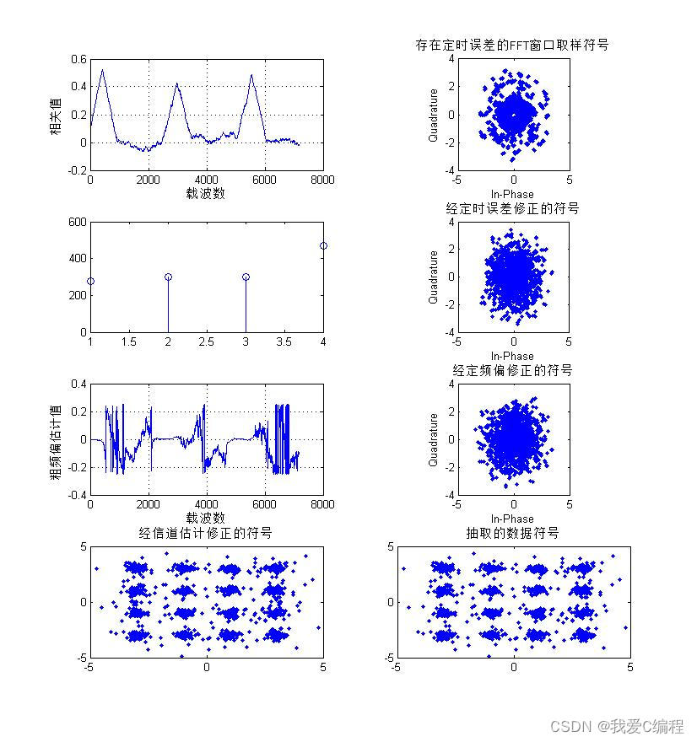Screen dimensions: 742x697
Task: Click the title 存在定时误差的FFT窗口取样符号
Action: (512, 45)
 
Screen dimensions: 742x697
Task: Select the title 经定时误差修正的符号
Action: (512, 207)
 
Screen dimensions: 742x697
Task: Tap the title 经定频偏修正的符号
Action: (512, 370)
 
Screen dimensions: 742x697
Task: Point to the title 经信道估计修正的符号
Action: (206, 533)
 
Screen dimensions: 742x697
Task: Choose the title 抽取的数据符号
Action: (512, 533)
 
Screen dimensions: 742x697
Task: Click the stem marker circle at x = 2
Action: (168, 277)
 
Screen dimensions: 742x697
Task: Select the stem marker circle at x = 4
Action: (323, 245)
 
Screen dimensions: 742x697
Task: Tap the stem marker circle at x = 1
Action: (90, 281)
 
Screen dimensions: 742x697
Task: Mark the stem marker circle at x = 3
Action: (246, 277)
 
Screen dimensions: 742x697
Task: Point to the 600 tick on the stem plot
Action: (77, 222)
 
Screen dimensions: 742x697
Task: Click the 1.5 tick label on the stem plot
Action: (129, 341)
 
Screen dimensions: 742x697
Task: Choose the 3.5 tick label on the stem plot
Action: (284, 341)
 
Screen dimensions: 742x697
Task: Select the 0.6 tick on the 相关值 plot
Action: (78, 59)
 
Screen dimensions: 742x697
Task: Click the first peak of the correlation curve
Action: (102, 70)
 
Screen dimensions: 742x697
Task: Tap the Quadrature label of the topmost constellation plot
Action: (433, 115)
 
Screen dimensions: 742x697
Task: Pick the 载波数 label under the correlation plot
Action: (206, 193)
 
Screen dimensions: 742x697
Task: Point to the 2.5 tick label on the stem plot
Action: (207, 341)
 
